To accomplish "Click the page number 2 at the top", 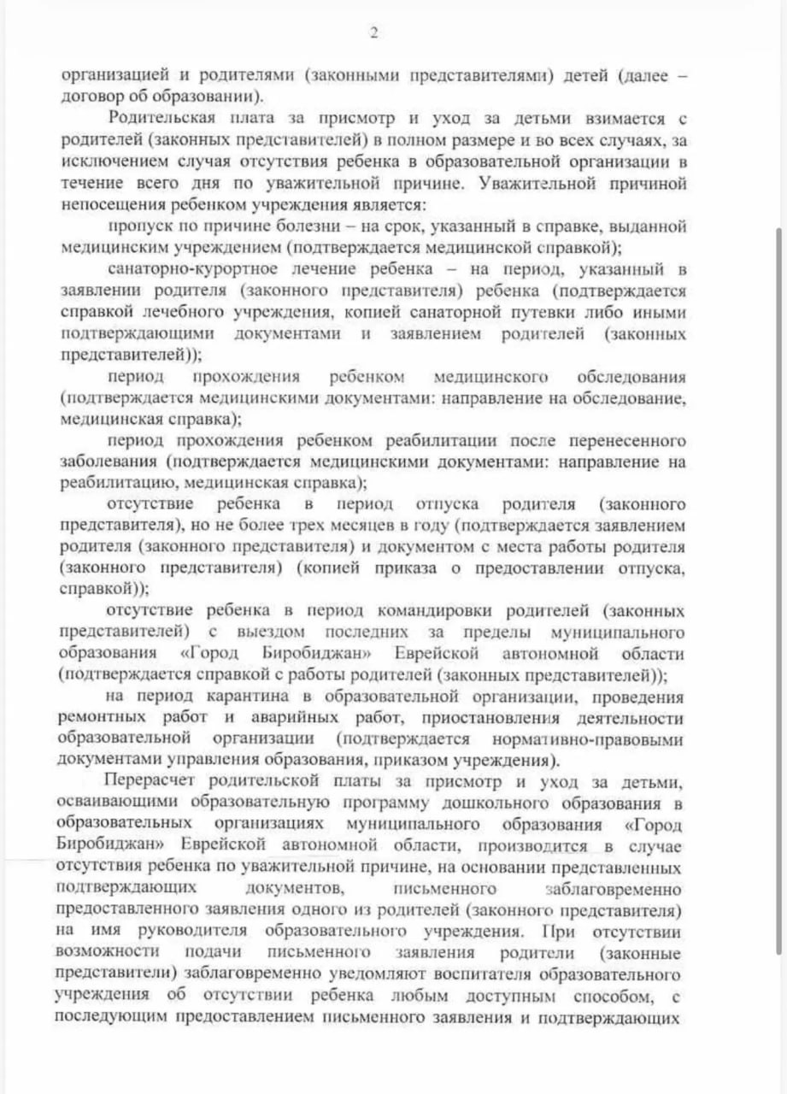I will [373, 33].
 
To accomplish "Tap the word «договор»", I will [90, 96].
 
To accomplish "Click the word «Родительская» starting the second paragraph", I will [165, 117].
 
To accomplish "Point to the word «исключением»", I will [109, 161].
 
